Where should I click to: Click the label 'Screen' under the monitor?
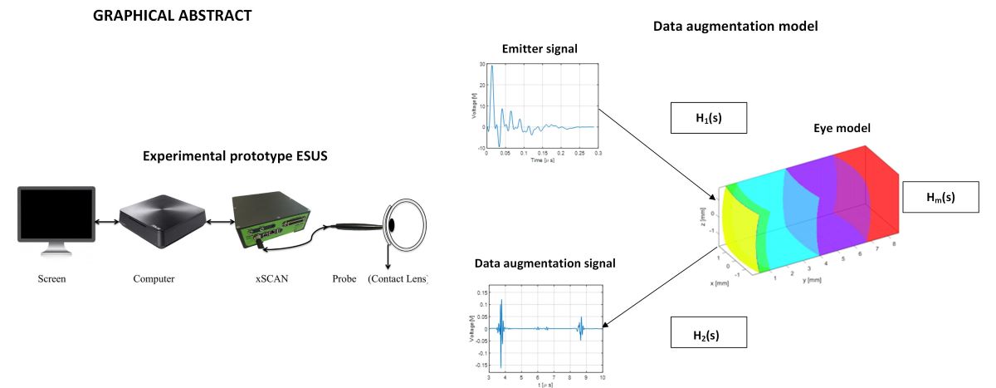[x=51, y=279]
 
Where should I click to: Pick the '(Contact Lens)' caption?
[x=398, y=279]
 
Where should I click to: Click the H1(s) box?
[x=709, y=118]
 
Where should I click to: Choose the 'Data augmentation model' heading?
[x=735, y=26]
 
